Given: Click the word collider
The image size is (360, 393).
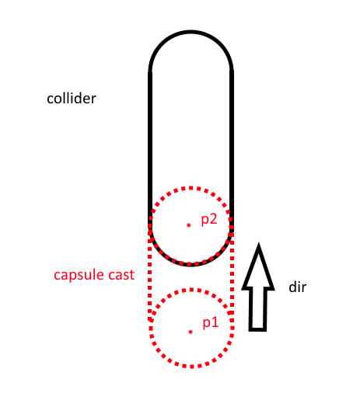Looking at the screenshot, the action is [x=72, y=99].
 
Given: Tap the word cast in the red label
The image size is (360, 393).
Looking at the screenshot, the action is [x=121, y=275].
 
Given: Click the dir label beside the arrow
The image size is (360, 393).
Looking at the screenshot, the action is [x=298, y=287].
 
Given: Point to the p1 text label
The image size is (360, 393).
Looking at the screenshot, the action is [x=211, y=323].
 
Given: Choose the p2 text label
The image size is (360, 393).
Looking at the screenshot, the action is [x=209, y=220].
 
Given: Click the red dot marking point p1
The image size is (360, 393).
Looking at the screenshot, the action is [x=190, y=332].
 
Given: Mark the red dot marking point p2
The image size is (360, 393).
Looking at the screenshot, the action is [x=189, y=225].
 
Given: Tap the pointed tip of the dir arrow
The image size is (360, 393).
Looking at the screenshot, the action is [x=258, y=243].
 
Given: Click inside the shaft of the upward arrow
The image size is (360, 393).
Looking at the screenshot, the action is [x=257, y=308].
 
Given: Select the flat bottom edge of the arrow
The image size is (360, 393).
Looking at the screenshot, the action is [x=257, y=330].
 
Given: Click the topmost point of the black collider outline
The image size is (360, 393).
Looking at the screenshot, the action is [x=191, y=32].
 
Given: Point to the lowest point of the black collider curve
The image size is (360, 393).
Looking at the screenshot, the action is [x=191, y=264].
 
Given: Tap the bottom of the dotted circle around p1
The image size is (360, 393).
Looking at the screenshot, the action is [x=191, y=366].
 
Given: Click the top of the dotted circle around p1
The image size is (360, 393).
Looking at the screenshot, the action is [x=191, y=290].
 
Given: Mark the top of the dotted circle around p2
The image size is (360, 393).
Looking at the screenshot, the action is [x=191, y=188].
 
